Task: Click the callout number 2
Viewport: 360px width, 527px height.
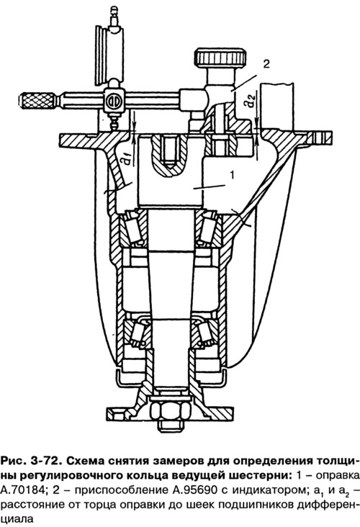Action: point(266,64)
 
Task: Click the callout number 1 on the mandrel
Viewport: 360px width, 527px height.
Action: point(232,174)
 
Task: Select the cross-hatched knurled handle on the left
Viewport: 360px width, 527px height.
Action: point(37,101)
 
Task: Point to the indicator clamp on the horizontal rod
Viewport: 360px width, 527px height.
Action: point(113,102)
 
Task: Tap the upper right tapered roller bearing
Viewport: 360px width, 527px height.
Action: point(209,228)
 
